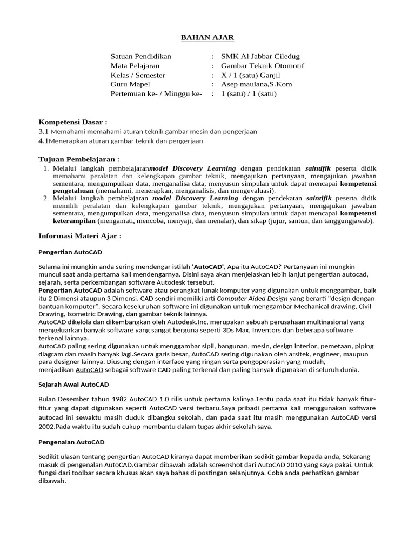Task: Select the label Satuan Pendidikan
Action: (140, 56)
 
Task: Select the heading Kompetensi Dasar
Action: (73, 122)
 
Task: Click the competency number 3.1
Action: (44, 131)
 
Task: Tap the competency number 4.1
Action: (43, 141)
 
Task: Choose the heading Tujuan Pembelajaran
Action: (79, 159)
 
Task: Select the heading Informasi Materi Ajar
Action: (80, 236)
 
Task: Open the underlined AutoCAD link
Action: (89, 370)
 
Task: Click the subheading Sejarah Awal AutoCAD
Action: (73, 385)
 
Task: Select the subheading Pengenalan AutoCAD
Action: (72, 442)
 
